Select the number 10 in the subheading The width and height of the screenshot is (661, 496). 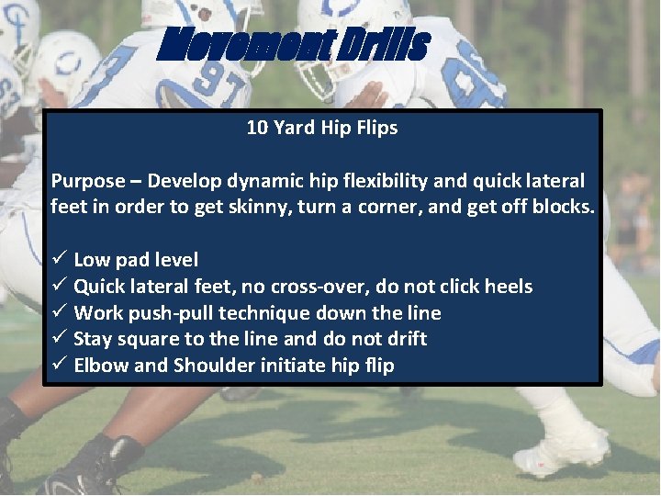coord(256,128)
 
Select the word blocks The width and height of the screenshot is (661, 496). coord(562,207)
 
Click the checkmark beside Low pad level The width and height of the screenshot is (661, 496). coord(57,260)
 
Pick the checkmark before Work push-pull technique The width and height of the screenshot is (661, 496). coord(57,313)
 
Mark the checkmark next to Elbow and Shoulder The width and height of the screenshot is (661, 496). coord(57,366)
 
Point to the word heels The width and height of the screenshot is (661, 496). coord(506,287)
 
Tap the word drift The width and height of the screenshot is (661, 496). coord(406,339)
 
